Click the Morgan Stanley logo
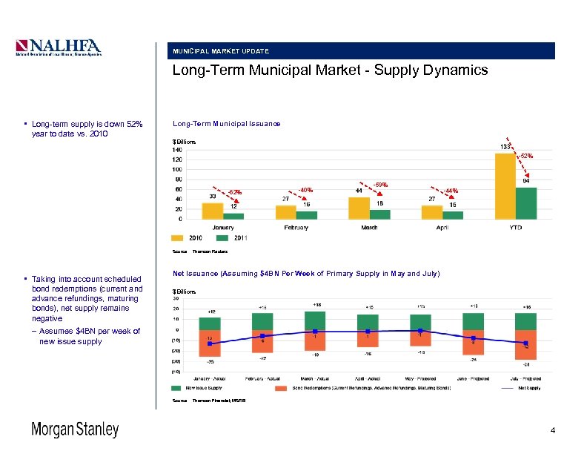tap(74, 430)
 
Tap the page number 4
tap(552, 430)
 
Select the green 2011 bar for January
tap(233, 216)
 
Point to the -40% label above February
tap(305, 189)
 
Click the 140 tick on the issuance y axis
tap(177, 149)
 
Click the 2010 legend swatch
tap(177, 239)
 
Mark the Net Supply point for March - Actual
tap(316, 332)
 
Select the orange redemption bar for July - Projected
tap(525, 345)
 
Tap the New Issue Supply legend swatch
tap(176, 387)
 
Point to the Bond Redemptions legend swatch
tap(280, 387)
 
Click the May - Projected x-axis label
tap(420, 378)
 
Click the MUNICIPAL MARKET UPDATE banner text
tap(221, 51)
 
